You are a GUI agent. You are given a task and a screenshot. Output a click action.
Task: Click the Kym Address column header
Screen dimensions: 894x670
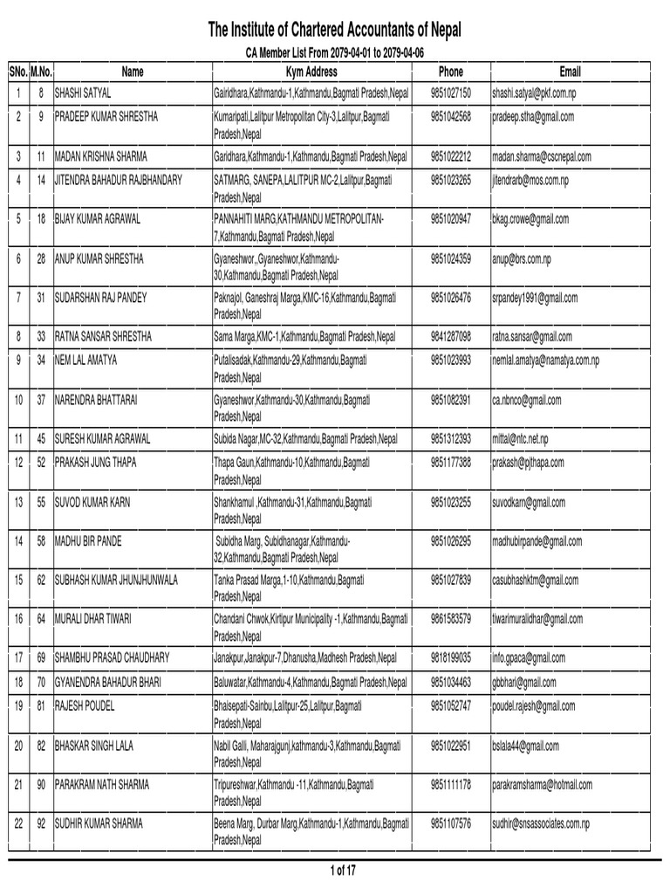tap(311, 71)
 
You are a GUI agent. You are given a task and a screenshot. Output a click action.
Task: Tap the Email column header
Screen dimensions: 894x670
tap(570, 71)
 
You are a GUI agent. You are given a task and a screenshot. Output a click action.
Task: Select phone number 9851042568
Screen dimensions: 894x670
tap(450, 116)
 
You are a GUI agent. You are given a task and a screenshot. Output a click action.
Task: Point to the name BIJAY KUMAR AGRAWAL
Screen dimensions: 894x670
tap(104, 218)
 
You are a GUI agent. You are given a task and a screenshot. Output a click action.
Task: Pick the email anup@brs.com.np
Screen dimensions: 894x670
tap(522, 259)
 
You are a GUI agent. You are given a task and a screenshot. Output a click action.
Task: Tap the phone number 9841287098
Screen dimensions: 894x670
tap(450, 336)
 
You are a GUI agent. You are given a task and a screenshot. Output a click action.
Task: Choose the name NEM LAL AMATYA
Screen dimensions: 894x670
tap(85, 359)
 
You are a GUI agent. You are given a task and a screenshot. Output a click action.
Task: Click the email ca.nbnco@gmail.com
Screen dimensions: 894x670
tap(527, 400)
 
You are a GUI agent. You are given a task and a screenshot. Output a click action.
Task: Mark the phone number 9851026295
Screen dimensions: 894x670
tap(450, 541)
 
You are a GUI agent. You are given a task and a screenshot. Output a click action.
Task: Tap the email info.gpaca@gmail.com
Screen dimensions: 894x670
tap(529, 657)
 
